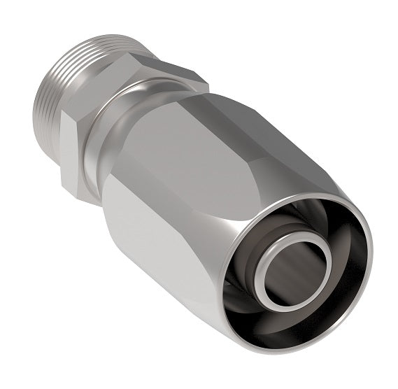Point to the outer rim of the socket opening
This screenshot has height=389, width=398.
click(364, 231)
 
